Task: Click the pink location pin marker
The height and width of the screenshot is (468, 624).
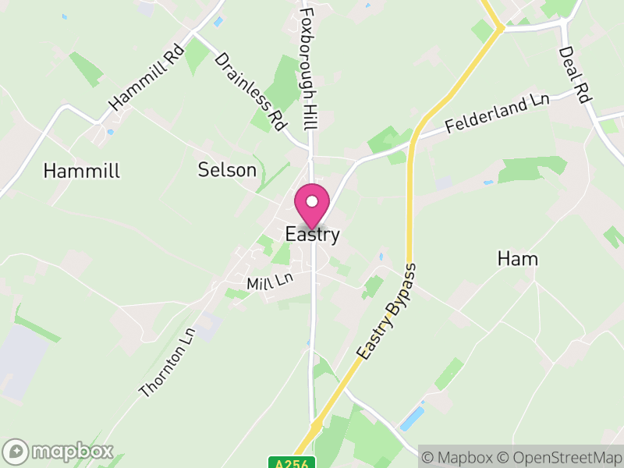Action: [x=311, y=206]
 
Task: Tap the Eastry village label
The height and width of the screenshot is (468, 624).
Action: [x=312, y=235]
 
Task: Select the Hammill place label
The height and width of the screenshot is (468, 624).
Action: [x=82, y=172]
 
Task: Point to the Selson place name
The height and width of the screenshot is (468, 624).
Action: [x=227, y=169]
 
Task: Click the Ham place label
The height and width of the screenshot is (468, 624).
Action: [x=518, y=259]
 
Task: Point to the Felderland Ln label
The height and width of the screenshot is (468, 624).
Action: [x=498, y=114]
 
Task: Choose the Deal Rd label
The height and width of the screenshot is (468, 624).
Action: [x=574, y=75]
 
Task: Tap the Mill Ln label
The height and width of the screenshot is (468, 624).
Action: [x=269, y=281]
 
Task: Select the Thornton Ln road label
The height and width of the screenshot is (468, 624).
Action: [x=166, y=362]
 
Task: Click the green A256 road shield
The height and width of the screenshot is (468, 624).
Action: [x=292, y=463]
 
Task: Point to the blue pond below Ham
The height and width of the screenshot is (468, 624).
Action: [x=411, y=419]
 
